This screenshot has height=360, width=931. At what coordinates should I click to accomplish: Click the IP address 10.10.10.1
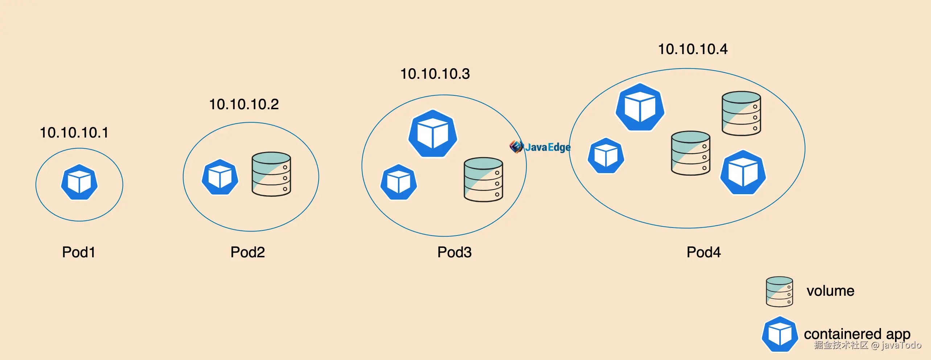(74, 133)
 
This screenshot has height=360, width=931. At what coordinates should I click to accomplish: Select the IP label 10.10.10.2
(244, 105)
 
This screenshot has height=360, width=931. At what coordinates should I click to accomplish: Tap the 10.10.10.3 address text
(435, 74)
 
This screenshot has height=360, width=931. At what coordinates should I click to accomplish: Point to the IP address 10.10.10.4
(693, 49)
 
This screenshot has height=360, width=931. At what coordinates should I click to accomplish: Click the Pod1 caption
(78, 252)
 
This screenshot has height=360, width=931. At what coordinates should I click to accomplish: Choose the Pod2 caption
(247, 252)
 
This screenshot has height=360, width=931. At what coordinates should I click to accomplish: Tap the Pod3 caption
(454, 252)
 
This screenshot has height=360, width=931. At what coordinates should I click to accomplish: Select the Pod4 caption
(704, 252)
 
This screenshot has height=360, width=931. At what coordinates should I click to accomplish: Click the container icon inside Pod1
(79, 182)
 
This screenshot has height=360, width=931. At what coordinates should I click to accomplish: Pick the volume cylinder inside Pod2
(271, 174)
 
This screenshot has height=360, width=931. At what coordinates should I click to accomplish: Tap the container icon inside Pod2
(220, 177)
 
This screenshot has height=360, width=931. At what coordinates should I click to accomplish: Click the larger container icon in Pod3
(433, 134)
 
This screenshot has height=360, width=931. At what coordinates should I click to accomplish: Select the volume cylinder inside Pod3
(483, 179)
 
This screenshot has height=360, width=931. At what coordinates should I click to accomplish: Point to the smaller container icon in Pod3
(398, 182)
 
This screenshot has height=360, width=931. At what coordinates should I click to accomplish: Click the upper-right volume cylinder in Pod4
(741, 113)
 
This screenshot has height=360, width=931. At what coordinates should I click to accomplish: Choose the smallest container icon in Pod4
(606, 156)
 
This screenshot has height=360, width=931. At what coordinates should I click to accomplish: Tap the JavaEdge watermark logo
(540, 147)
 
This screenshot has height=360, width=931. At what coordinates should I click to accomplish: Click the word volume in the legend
(830, 291)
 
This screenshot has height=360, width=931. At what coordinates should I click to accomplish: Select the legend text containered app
(857, 334)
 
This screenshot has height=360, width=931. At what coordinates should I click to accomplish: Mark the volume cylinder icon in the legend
(779, 292)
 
